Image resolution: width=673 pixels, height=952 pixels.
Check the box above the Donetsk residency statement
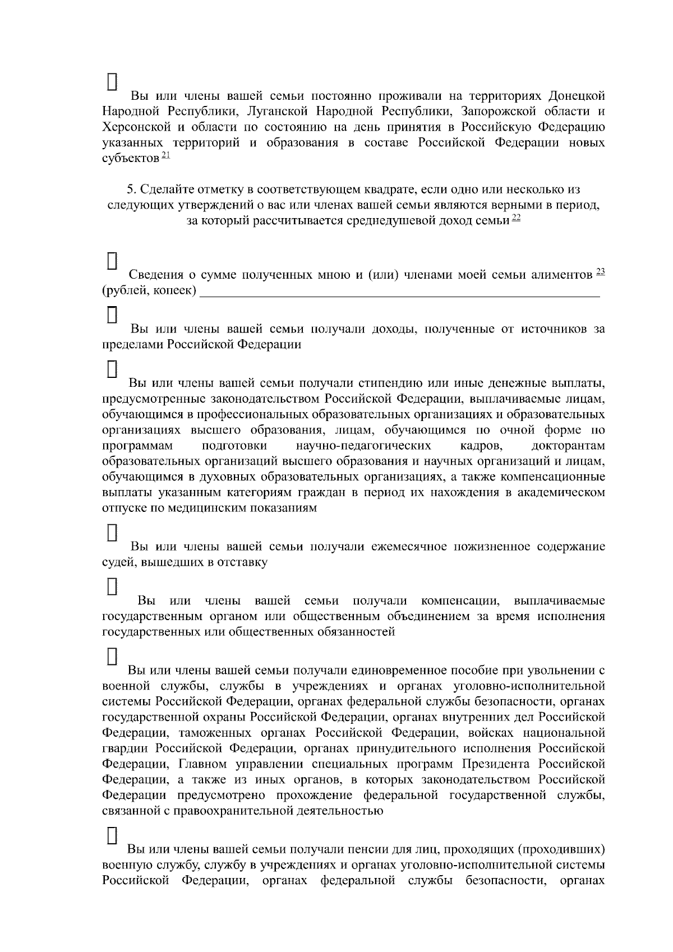coord(112,81)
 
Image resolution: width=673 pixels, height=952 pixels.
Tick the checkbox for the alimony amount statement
coord(112,260)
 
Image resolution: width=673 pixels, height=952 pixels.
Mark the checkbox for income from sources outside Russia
coord(112,315)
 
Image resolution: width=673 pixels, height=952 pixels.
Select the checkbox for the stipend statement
coord(112,368)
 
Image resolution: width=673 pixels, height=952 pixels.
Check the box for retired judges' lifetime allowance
coord(112,532)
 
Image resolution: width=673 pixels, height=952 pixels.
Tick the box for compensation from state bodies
coord(112,586)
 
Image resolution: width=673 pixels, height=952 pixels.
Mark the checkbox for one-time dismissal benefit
coord(112,656)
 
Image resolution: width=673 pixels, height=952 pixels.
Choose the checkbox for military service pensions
coord(112,835)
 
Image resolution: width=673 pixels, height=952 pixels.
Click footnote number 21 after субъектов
coord(165,155)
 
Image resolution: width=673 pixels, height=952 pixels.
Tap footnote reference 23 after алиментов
coord(600,272)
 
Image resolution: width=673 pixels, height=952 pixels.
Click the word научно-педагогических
coord(363,446)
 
